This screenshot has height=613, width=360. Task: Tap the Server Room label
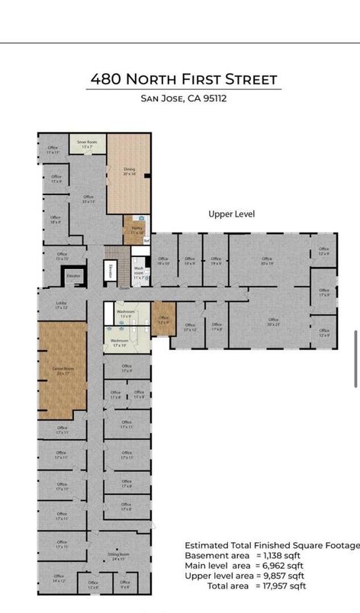(87, 143)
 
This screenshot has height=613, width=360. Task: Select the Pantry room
(137, 229)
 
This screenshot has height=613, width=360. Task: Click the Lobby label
(61, 305)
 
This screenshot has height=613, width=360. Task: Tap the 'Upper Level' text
(231, 214)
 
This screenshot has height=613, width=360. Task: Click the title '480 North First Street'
(184, 79)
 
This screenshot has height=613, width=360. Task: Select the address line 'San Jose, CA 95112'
(184, 98)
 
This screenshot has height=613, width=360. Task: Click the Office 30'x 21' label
(273, 322)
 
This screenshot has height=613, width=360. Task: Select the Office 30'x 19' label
(266, 261)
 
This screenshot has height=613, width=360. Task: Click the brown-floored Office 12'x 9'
(163, 319)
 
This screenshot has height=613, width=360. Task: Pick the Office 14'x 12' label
(59, 578)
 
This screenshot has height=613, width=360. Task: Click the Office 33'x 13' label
(88, 199)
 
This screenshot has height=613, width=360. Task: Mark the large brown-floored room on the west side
(62, 371)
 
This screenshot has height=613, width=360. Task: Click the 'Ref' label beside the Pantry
(146, 241)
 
